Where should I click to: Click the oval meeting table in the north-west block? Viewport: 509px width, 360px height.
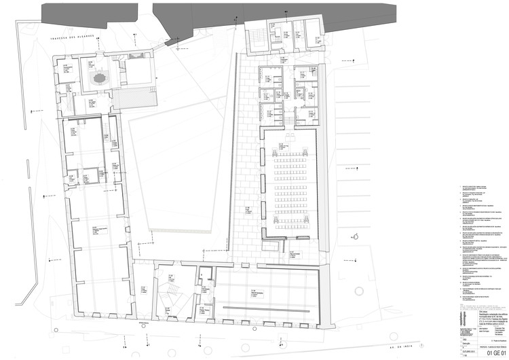point(100,78)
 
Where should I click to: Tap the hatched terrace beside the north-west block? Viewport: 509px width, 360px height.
point(134,98)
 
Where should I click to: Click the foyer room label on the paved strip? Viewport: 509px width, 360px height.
point(248,210)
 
